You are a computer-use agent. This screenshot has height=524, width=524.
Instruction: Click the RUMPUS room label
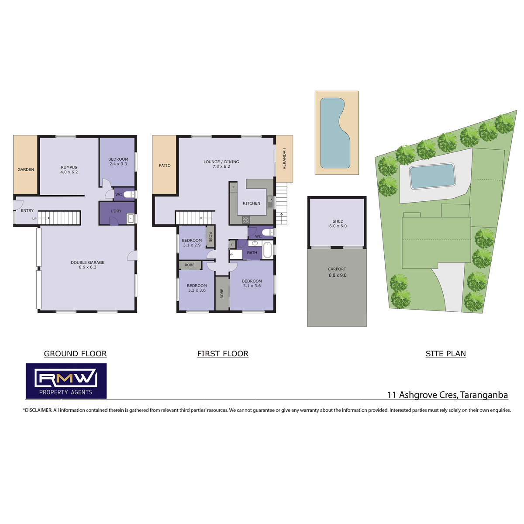tap(69, 167)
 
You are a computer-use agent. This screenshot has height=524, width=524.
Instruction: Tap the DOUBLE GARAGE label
tap(88, 262)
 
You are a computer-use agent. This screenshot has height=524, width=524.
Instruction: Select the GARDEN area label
tap(26, 169)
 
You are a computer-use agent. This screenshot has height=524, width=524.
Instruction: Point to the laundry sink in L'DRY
tap(131, 219)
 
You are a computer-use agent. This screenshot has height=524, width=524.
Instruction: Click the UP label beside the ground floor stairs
tap(34, 219)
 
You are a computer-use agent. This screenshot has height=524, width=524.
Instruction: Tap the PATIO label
tap(165, 165)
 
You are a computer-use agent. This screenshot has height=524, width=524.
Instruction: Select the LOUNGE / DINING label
tap(221, 162)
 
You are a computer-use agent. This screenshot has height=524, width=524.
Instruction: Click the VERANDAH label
tap(284, 159)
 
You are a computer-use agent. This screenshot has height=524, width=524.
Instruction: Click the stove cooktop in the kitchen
tap(246, 220)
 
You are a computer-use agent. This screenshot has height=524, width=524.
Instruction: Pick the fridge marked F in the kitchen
tap(234, 187)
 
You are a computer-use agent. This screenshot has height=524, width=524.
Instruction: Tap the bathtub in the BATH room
tap(268, 250)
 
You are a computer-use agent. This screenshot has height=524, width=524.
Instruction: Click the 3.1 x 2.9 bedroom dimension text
tap(192, 245)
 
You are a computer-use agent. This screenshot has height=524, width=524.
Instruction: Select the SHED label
tap(338, 221)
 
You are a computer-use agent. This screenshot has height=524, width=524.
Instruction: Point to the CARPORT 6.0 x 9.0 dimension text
tap(338, 275)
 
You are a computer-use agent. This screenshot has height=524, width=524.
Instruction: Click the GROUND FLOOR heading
tap(75, 354)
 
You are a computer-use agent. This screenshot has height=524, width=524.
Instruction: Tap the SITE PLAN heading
tap(446, 354)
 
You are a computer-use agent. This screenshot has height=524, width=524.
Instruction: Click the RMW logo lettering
tap(66, 378)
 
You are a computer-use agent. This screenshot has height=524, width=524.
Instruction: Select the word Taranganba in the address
tap(484, 395)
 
